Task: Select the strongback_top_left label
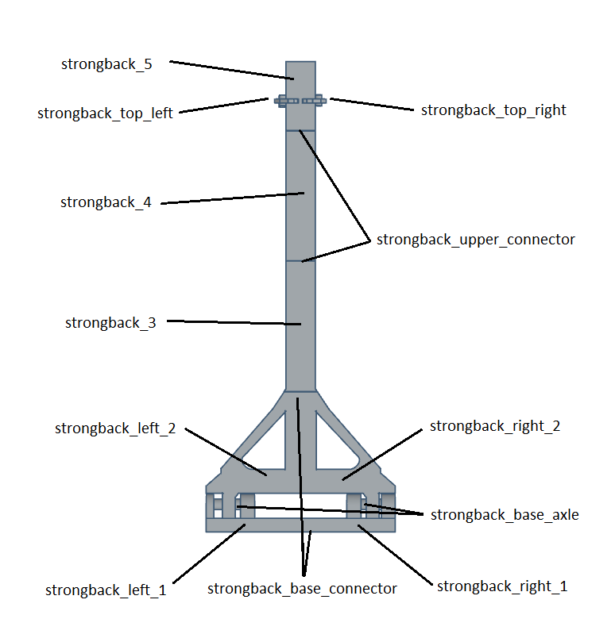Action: click(106, 113)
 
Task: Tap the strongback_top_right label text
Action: click(493, 110)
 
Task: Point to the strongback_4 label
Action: click(106, 202)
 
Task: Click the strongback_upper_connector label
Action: click(475, 239)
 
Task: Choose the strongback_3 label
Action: click(110, 323)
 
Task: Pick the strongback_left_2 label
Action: click(114, 429)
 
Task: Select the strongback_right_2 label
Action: click(495, 426)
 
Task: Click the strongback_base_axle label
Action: click(505, 515)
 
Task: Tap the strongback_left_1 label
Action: click(106, 590)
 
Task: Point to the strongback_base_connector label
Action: click(302, 589)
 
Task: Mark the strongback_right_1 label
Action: click(502, 586)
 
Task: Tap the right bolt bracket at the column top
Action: click(315, 101)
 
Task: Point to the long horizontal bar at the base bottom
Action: click(300, 525)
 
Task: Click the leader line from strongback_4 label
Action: click(230, 198)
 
